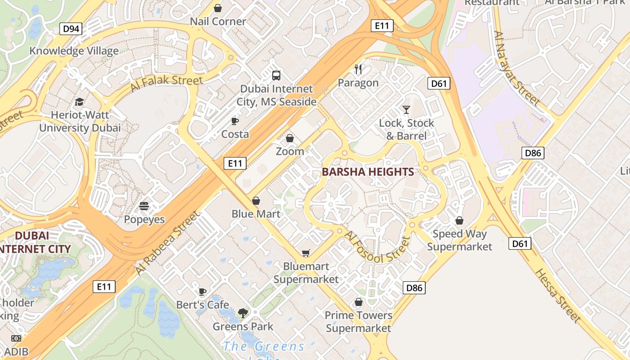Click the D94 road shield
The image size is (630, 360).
(x=71, y=29)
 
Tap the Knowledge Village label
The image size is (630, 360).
(x=74, y=51)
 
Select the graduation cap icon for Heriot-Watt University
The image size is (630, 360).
(x=80, y=102)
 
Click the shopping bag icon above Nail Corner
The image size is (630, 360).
(x=218, y=8)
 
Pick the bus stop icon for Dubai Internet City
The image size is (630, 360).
(x=276, y=76)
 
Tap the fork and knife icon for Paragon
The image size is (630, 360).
(x=358, y=69)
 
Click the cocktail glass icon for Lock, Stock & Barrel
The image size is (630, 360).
(x=406, y=109)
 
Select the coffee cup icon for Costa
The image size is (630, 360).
(x=234, y=121)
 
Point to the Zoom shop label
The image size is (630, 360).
(x=290, y=151)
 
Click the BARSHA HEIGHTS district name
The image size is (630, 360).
(x=368, y=172)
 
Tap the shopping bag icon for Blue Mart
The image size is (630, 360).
(x=256, y=201)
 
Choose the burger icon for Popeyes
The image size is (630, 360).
(x=144, y=206)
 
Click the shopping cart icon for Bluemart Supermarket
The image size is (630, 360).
(x=306, y=253)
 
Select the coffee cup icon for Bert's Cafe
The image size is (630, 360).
(x=202, y=292)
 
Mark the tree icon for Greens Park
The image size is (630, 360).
(x=243, y=313)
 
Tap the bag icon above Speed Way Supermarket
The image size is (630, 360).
(x=459, y=220)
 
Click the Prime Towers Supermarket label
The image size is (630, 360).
(x=359, y=322)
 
